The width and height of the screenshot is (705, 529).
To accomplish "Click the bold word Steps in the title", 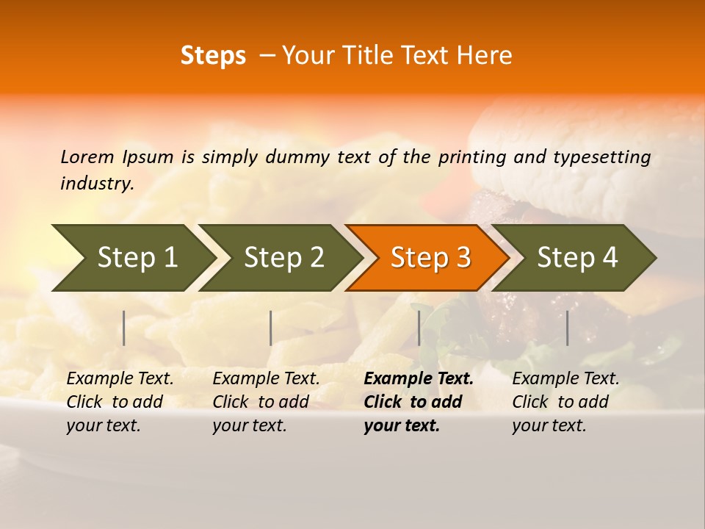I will pyautogui.click(x=213, y=56).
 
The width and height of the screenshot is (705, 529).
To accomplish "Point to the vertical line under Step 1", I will pyautogui.click(x=124, y=328).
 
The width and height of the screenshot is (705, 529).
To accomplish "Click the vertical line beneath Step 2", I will pyautogui.click(x=271, y=328).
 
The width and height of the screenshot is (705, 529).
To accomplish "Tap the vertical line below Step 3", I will pyautogui.click(x=419, y=328).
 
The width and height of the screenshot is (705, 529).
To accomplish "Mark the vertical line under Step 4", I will pyautogui.click(x=567, y=328).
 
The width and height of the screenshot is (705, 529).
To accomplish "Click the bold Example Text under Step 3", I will pyautogui.click(x=419, y=379).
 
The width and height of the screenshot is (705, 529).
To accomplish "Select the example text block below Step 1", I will pyautogui.click(x=120, y=402).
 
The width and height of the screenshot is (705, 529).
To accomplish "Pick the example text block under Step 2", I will pyautogui.click(x=266, y=402).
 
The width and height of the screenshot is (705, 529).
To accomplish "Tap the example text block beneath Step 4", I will pyautogui.click(x=565, y=402).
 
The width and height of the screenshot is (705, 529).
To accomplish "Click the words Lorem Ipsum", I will pyautogui.click(x=117, y=157).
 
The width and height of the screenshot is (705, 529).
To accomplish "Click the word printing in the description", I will pyautogui.click(x=471, y=157).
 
